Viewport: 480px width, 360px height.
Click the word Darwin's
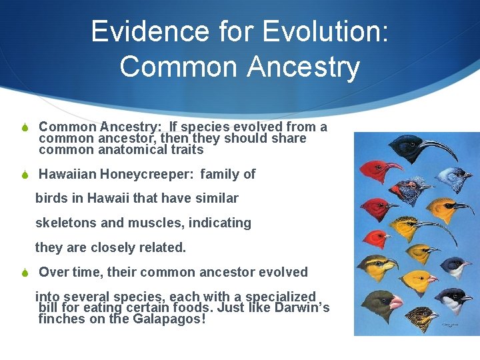point(299,308)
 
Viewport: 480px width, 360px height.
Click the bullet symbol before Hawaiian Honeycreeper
point(24,175)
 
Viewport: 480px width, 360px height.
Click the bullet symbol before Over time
point(24,273)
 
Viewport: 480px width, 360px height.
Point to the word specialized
point(281,297)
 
